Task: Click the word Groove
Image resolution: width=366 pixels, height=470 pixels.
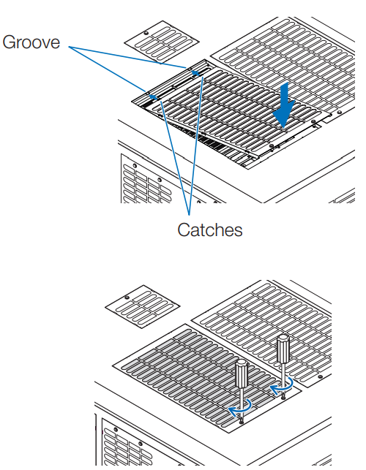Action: [x=31, y=42]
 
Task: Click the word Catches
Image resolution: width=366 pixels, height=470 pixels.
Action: [x=210, y=230]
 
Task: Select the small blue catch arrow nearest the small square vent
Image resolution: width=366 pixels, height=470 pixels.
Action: [x=195, y=72]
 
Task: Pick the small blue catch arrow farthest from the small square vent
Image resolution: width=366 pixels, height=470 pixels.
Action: [x=154, y=96]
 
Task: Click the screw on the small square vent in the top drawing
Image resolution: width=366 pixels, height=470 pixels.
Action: [x=146, y=33]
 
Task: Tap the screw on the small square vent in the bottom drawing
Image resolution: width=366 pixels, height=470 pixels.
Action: [x=127, y=297]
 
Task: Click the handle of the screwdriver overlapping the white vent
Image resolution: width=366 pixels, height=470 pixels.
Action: [x=283, y=349]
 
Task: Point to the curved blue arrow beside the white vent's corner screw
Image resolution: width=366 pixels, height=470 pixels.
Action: [x=283, y=385]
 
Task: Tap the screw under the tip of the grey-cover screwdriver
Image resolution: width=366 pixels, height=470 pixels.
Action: [x=242, y=422]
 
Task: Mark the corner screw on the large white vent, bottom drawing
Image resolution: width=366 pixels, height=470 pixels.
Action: [x=320, y=376]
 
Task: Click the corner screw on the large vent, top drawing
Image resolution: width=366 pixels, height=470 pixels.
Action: [x=339, y=113]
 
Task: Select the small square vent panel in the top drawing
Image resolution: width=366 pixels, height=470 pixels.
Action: [x=162, y=42]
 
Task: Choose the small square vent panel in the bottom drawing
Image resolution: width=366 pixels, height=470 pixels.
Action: [x=143, y=307]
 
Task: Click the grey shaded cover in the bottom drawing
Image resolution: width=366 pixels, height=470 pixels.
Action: [x=207, y=379]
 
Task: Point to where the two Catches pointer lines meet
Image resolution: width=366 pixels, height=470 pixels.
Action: [x=189, y=215]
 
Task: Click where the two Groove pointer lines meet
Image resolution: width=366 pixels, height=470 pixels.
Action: [x=69, y=47]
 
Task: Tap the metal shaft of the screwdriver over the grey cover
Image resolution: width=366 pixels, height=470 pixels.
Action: [x=242, y=403]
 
